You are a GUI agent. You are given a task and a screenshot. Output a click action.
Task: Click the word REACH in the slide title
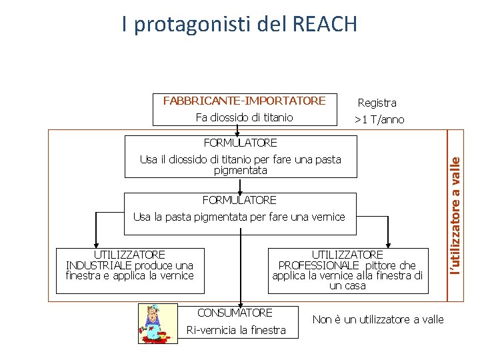(325, 25)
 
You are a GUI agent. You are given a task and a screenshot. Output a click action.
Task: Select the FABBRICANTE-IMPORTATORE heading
(244, 101)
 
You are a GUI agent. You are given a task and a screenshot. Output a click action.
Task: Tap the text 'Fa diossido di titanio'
(244, 118)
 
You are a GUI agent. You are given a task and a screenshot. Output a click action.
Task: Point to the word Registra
(377, 103)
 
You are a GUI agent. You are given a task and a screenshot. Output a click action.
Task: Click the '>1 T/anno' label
(379, 120)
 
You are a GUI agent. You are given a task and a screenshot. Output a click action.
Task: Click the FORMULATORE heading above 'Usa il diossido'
(240, 143)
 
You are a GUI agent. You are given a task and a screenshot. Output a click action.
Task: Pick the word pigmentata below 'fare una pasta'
(240, 171)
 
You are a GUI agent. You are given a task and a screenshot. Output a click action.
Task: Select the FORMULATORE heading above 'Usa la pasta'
(239, 200)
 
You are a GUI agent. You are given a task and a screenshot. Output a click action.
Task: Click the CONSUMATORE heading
(235, 313)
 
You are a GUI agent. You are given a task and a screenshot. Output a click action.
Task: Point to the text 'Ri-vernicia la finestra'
(236, 330)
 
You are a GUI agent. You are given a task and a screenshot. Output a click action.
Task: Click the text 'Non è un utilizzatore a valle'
(378, 320)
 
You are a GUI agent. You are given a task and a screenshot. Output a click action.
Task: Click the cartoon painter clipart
(157, 323)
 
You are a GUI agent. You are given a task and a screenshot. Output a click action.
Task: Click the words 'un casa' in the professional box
(347, 286)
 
